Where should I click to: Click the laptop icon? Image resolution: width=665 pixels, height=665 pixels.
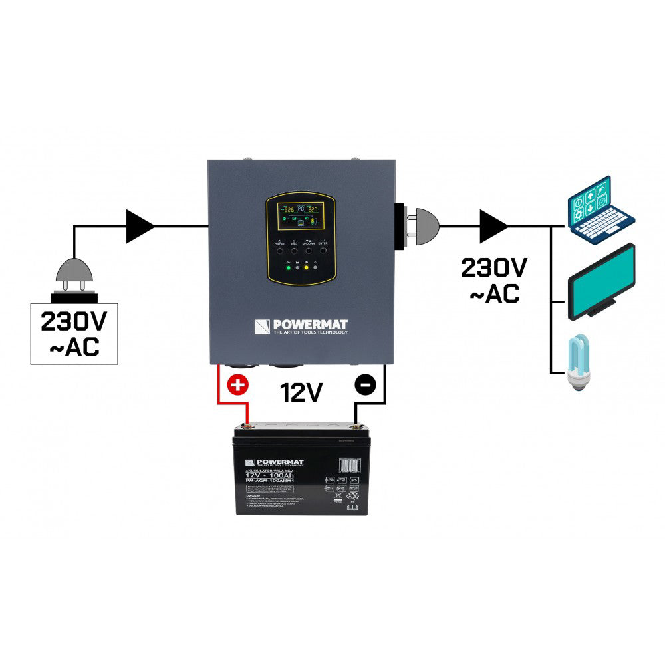(599, 207)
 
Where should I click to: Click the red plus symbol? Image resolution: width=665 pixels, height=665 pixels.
(236, 385)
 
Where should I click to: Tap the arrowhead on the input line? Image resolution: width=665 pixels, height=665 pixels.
(140, 225)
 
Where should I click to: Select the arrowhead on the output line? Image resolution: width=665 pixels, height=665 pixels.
(494, 225)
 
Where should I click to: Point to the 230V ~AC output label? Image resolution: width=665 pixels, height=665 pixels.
(495, 281)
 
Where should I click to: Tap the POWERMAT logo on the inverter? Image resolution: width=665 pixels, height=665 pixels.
(301, 327)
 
